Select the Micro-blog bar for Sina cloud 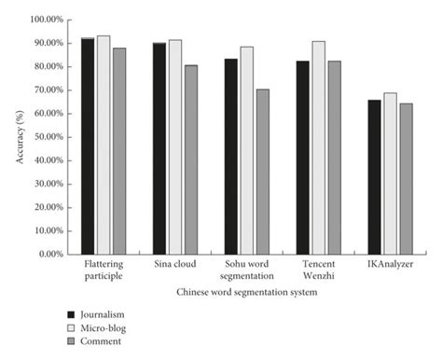[x=174, y=146]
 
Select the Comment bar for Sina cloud [x=190, y=159]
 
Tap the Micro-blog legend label [x=104, y=328]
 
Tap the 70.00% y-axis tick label [x=46, y=90]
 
